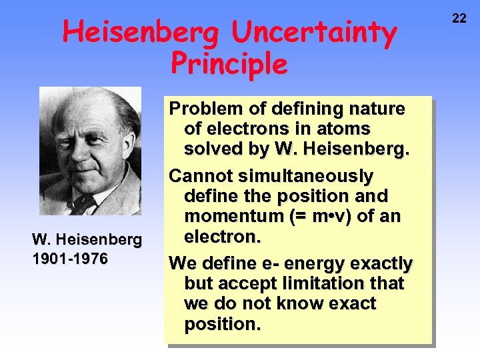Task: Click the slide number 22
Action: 459,18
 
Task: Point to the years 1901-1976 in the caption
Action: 70,258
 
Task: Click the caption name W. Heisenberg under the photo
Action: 87,239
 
